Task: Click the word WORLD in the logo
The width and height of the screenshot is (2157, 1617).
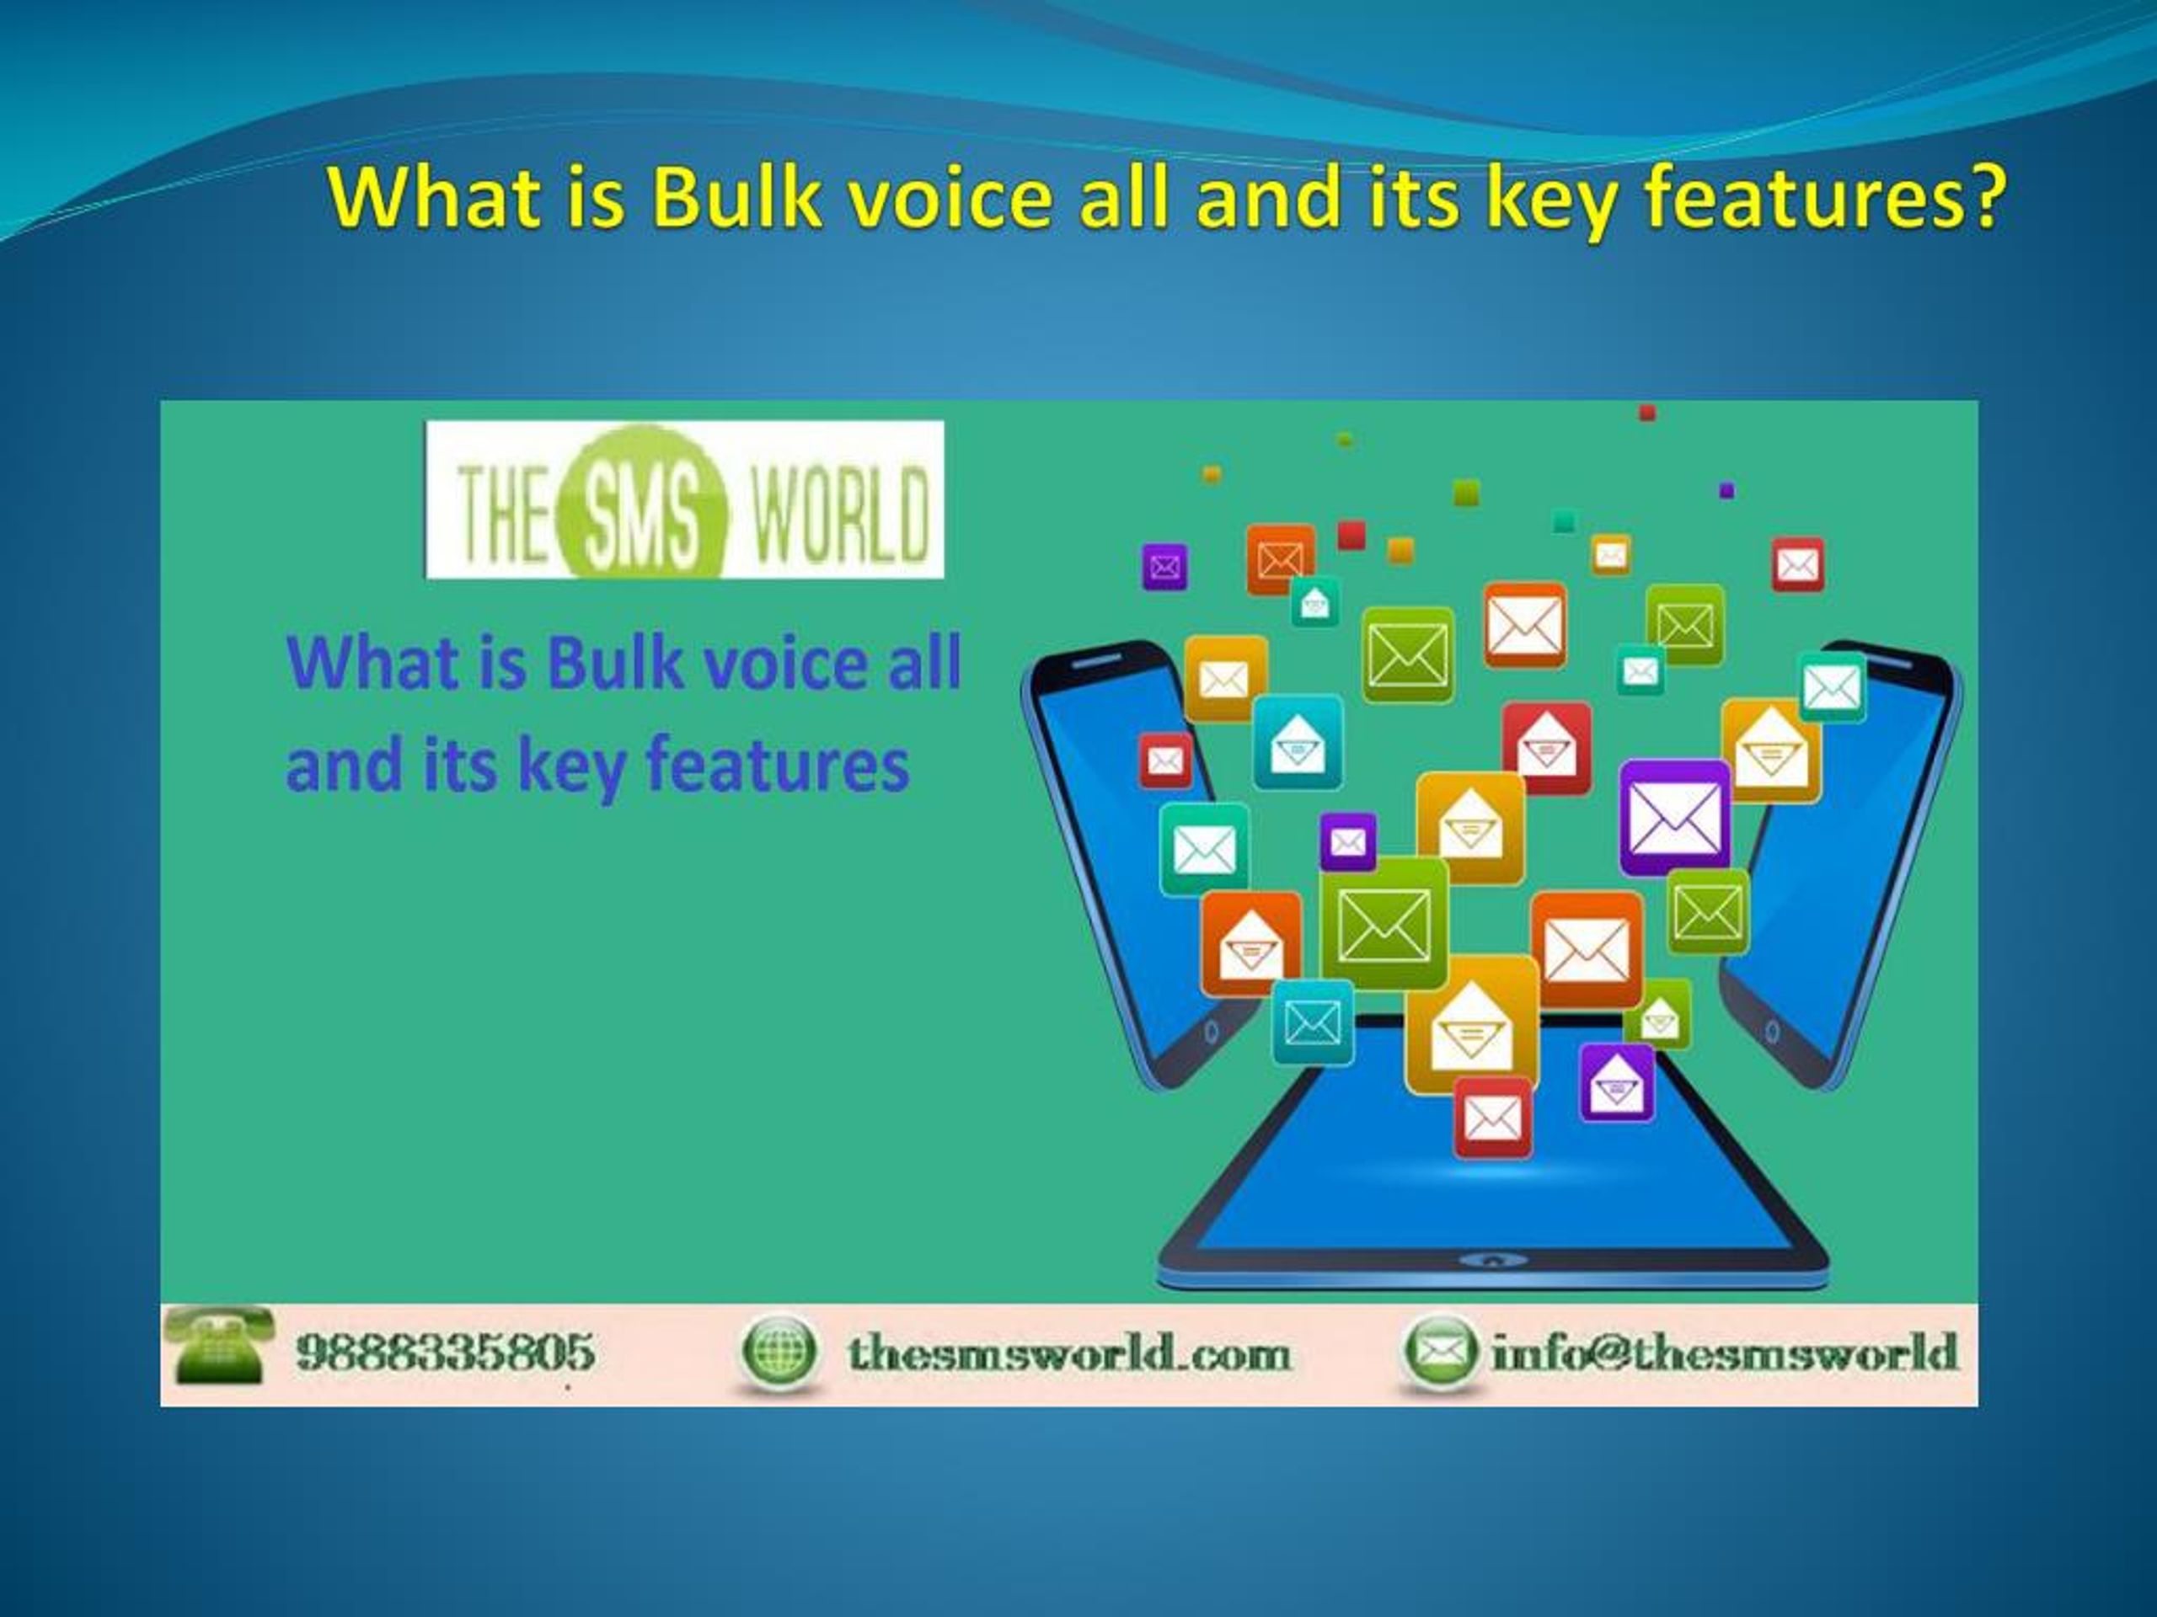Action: tap(838, 514)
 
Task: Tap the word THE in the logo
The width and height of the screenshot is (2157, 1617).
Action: tap(502, 514)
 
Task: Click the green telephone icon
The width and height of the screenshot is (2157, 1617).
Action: tap(218, 1346)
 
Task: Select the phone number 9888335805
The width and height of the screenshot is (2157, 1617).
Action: tap(445, 1352)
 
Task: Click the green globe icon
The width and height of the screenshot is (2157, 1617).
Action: tap(776, 1351)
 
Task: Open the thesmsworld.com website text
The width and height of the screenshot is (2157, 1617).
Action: tap(1068, 1353)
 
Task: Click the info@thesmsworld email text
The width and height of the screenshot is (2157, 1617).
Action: tap(1724, 1352)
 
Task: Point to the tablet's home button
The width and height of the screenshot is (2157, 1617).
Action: tap(1492, 1260)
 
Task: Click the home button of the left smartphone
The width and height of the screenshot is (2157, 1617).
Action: tap(1211, 1031)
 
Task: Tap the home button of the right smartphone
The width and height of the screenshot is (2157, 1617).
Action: tap(1772, 1030)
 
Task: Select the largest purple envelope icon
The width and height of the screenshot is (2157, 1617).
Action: tap(1675, 817)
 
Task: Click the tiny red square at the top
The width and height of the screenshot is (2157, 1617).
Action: tap(1647, 414)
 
